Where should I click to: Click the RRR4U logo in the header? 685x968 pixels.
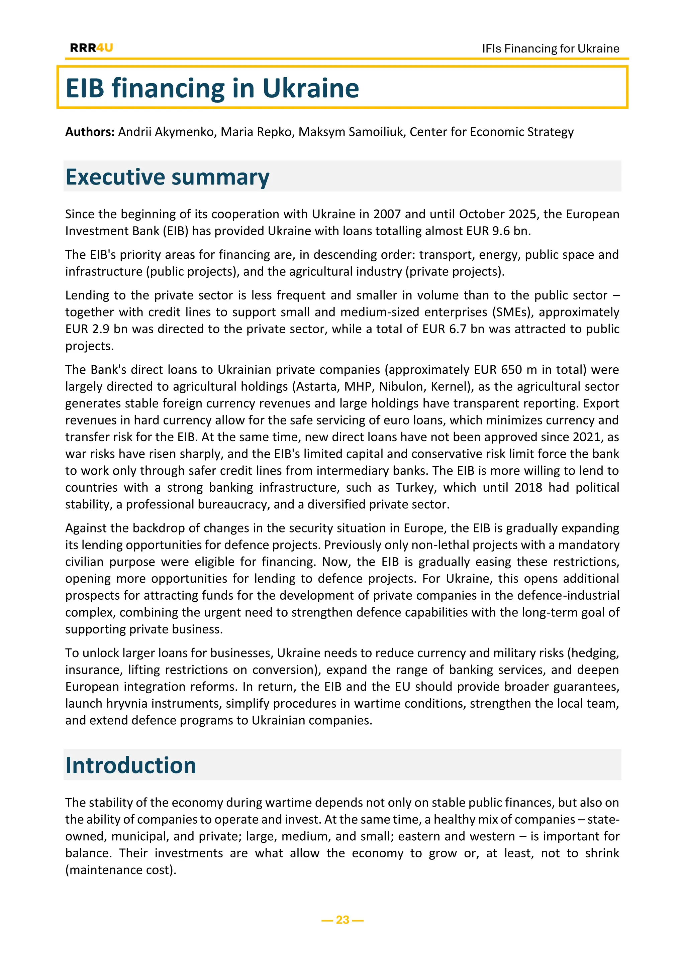pos(92,48)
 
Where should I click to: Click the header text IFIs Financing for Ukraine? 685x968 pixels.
pos(551,48)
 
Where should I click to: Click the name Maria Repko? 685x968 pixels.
pos(256,132)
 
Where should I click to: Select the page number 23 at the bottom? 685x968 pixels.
pos(342,920)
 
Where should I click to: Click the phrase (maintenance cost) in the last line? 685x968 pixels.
pos(121,870)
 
